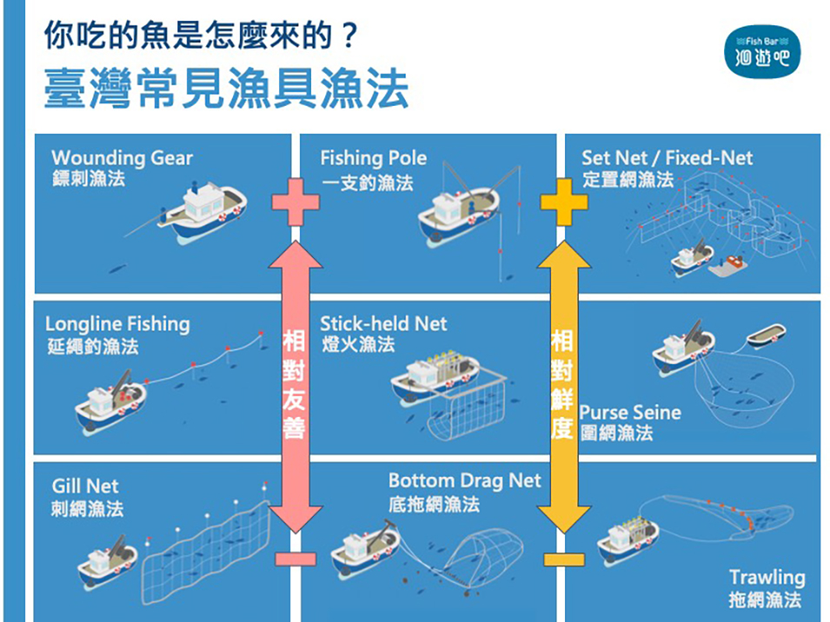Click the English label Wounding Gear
click(122, 157)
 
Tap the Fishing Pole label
click(374, 157)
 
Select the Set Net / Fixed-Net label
click(667, 157)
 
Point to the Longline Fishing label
click(117, 324)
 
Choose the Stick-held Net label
click(383, 324)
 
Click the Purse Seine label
click(630, 412)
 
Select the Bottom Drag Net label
click(464, 480)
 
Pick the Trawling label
click(767, 577)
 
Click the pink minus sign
click(296, 558)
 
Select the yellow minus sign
click(564, 558)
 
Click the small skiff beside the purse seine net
click(766, 334)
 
